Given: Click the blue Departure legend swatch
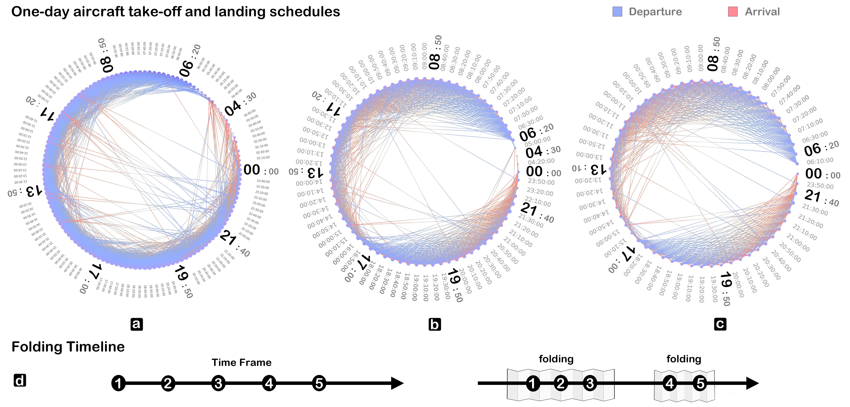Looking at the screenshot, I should (x=617, y=12).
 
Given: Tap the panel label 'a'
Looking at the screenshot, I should (x=137, y=324).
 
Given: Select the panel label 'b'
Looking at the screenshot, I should (x=435, y=324).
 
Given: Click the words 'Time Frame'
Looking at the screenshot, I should (x=242, y=362).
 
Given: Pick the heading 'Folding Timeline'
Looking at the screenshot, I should (x=68, y=347).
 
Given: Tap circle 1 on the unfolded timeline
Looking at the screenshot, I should (x=118, y=383).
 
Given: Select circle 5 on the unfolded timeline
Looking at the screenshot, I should (x=319, y=383).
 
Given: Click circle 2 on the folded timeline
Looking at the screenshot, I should (x=561, y=383).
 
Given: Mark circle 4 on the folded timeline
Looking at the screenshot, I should (x=670, y=383).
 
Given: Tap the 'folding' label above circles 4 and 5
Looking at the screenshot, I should (x=684, y=359).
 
